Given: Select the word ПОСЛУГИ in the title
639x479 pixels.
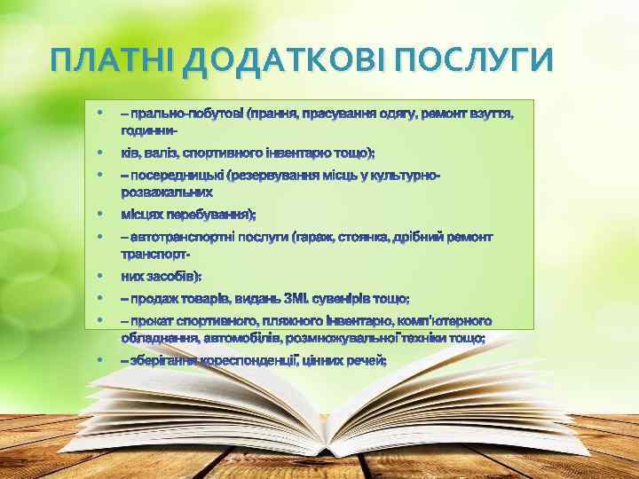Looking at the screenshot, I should point(476,60).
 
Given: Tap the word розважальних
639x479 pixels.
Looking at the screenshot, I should point(167,191).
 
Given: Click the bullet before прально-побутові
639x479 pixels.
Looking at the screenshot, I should point(99,114).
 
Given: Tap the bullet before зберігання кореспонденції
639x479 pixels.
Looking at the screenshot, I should point(99,360).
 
